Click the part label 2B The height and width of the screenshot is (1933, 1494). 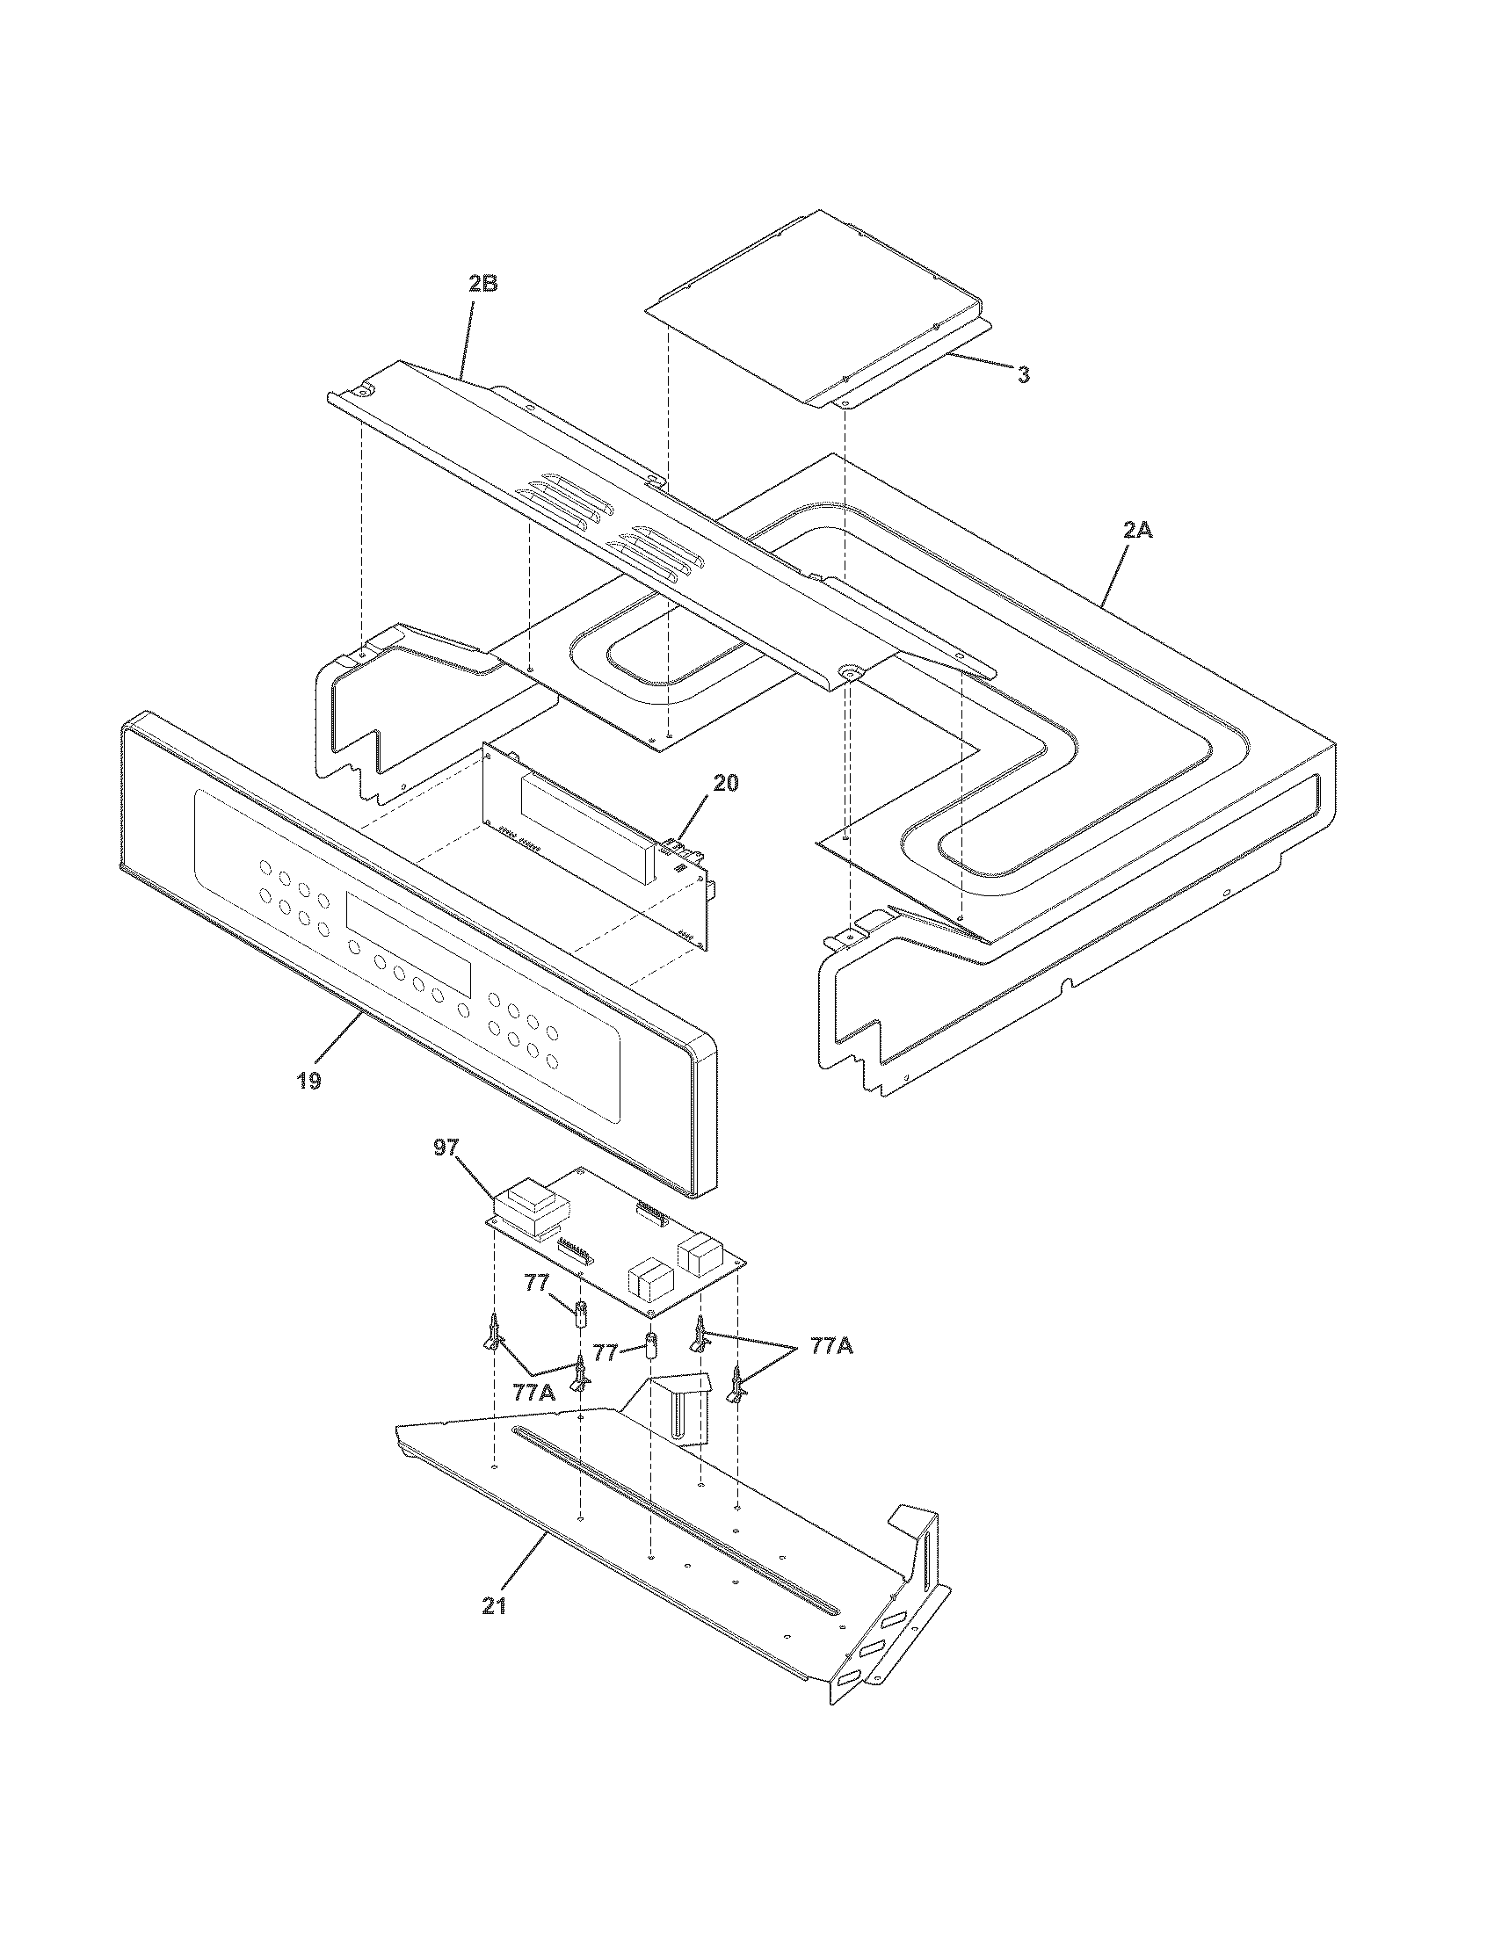coord(482,284)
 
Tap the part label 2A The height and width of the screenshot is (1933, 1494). coord(1137,531)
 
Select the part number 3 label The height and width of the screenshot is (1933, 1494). coord(1022,375)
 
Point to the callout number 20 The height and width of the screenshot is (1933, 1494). coord(725,783)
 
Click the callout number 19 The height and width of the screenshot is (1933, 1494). coord(308,1081)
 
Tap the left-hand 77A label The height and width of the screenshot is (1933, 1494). coord(534,1393)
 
